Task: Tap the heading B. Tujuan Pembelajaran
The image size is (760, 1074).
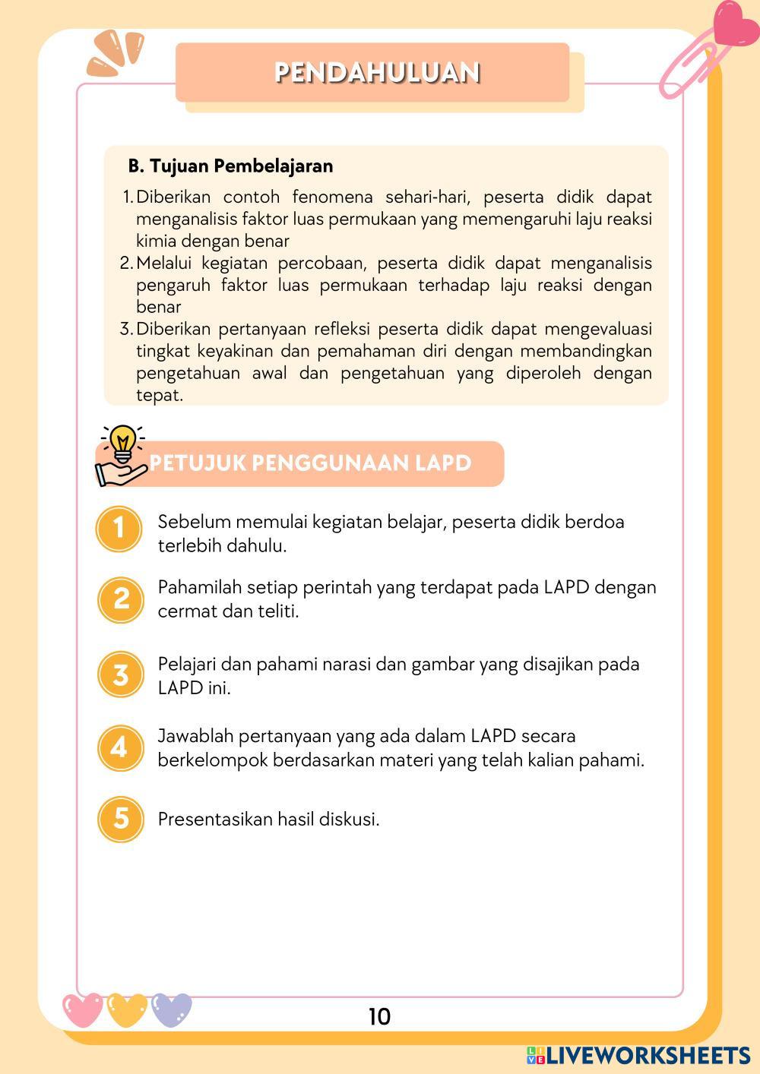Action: pyautogui.click(x=230, y=166)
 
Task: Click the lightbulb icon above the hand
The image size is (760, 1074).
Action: pyautogui.click(x=122, y=441)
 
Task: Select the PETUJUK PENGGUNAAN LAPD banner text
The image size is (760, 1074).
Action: pyautogui.click(x=310, y=463)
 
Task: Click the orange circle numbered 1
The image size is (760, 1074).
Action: pyautogui.click(x=120, y=528)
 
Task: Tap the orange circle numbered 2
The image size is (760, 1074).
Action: pyautogui.click(x=120, y=599)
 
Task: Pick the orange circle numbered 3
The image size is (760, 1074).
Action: pyautogui.click(x=120, y=674)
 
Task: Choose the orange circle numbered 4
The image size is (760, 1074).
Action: pyautogui.click(x=120, y=747)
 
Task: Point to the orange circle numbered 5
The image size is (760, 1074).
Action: pyautogui.click(x=120, y=818)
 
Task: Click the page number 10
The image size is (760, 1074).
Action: pyautogui.click(x=379, y=1016)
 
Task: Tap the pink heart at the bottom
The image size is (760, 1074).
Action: pyautogui.click(x=82, y=1009)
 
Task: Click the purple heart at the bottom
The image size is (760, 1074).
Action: pyautogui.click(x=171, y=1009)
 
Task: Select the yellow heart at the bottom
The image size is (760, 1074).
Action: pyautogui.click(x=127, y=1009)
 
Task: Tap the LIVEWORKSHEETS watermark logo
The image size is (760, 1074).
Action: pyautogui.click(x=638, y=1055)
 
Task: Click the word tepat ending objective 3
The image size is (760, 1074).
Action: pyautogui.click(x=159, y=395)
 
